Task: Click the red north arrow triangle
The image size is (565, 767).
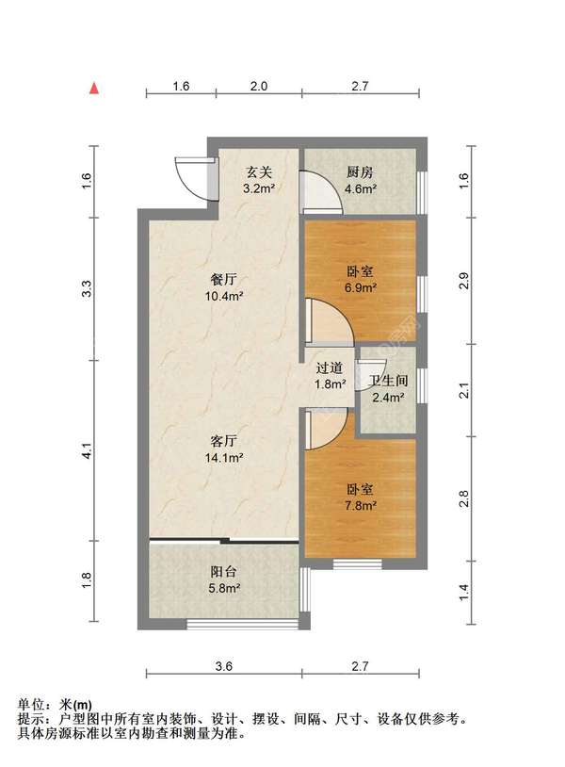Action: click(94, 88)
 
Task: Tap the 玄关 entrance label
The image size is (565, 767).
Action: click(259, 172)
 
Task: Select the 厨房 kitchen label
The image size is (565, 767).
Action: click(361, 172)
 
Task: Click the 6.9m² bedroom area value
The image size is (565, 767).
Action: click(361, 287)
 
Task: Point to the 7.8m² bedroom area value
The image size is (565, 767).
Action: click(361, 505)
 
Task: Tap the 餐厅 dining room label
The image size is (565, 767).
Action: click(224, 279)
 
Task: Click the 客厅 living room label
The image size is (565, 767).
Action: click(224, 441)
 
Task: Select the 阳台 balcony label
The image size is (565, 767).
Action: click(224, 571)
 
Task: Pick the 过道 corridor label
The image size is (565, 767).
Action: click(330, 367)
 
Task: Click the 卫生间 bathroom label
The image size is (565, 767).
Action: click(389, 381)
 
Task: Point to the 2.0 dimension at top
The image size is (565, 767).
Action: click(259, 86)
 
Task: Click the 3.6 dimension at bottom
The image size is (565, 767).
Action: click(224, 666)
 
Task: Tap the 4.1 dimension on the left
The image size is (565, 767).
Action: click(87, 450)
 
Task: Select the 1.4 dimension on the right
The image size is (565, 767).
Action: click(464, 592)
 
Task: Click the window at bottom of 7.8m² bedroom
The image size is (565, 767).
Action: click(357, 563)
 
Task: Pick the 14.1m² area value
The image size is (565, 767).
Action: click(224, 458)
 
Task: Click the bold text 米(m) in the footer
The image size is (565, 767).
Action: click(74, 705)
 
